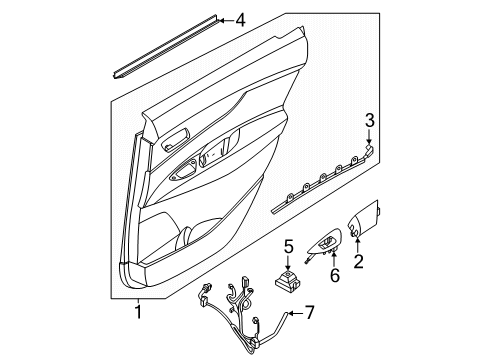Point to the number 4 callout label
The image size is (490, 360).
[x=239, y=18]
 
